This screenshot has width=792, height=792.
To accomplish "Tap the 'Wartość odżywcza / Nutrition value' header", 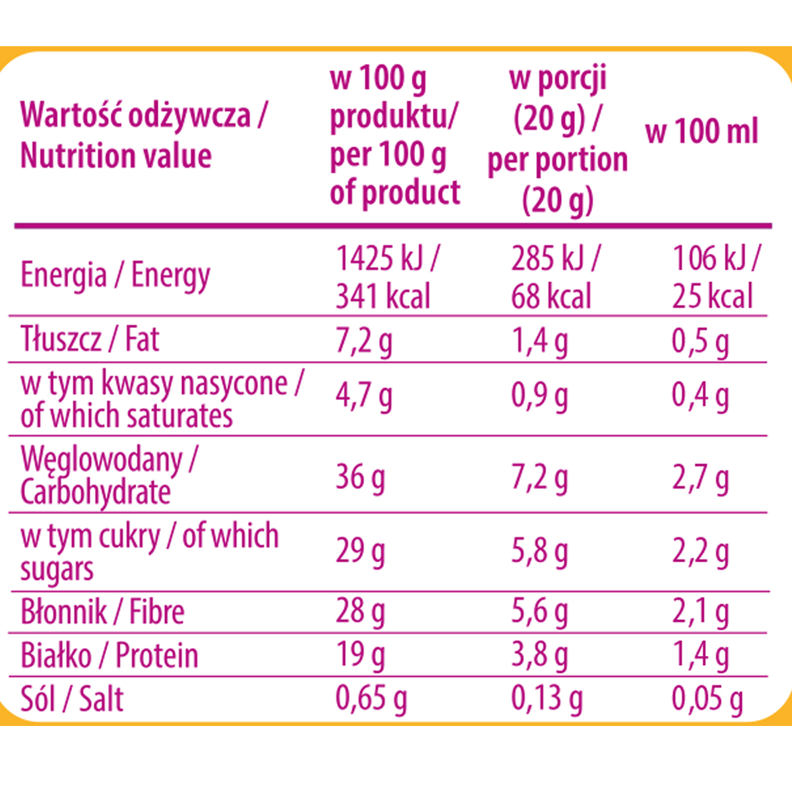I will click(x=143, y=135).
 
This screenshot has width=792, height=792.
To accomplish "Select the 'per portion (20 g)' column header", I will click(x=558, y=139).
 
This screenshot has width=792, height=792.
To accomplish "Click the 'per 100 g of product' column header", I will click(x=394, y=136).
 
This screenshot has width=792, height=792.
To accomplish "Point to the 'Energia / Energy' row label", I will click(x=115, y=275).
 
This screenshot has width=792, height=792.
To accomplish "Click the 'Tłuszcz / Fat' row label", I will click(x=90, y=339).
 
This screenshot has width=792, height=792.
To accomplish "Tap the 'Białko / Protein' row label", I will click(x=109, y=655).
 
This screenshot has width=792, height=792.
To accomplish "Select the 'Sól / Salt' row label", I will click(x=72, y=699).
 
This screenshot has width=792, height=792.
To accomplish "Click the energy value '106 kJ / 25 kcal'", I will click(x=715, y=277).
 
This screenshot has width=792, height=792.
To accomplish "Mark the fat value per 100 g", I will click(x=364, y=341).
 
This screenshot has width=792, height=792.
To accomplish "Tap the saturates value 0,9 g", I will click(x=539, y=396).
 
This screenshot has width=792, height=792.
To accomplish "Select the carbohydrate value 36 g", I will click(x=360, y=477).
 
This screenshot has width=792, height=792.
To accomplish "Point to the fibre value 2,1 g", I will click(x=700, y=612).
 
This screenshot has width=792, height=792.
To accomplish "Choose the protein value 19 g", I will click(x=360, y=655).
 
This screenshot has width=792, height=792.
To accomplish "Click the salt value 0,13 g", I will click(x=546, y=699).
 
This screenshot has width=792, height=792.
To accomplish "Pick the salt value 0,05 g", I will click(x=707, y=699).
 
